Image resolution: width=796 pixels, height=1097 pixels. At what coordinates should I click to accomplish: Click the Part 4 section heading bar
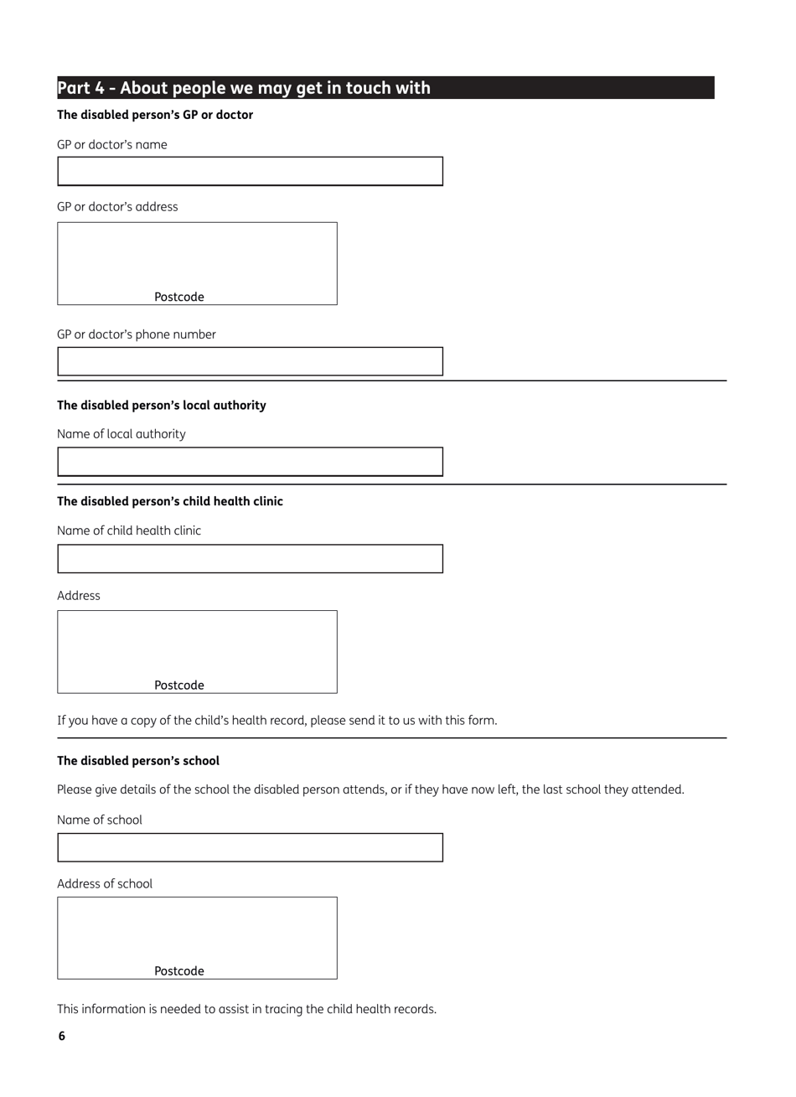[x=385, y=88]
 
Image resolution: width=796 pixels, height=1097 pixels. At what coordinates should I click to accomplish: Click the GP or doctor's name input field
[x=250, y=171]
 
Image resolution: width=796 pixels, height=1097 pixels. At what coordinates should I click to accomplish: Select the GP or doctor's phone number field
[x=250, y=361]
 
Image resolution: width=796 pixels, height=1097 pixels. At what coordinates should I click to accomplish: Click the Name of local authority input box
[x=250, y=462]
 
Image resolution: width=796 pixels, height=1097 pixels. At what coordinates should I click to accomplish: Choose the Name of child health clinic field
[x=250, y=559]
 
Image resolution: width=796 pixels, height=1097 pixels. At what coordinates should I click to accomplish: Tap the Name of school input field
[x=250, y=847]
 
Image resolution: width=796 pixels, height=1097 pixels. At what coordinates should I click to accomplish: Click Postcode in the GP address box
[x=179, y=297]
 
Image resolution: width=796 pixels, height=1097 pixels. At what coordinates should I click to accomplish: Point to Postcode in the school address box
[x=179, y=970]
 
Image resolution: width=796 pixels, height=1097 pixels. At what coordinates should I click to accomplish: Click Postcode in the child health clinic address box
[x=179, y=685]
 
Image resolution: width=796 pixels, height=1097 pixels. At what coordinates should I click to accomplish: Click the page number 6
[x=61, y=1036]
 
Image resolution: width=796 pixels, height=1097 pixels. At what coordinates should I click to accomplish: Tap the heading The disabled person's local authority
[x=161, y=405]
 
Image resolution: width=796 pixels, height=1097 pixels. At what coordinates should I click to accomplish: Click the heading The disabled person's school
[x=138, y=761]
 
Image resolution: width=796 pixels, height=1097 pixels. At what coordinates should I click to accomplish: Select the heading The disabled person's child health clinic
[x=170, y=501]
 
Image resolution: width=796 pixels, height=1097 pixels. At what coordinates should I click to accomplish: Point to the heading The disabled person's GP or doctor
[x=155, y=115]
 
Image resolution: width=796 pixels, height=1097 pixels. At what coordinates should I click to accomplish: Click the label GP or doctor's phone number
[x=137, y=334]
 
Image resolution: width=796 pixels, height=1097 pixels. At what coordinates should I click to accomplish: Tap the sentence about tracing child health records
[x=246, y=1009]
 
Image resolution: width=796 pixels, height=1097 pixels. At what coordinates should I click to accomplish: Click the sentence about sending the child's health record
[x=277, y=720]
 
